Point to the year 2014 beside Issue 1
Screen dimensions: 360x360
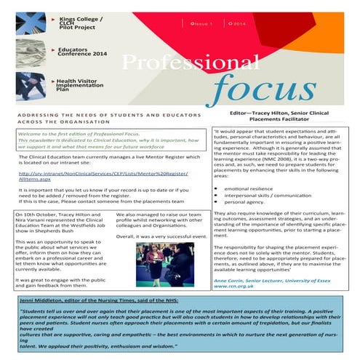coord(239,23)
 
